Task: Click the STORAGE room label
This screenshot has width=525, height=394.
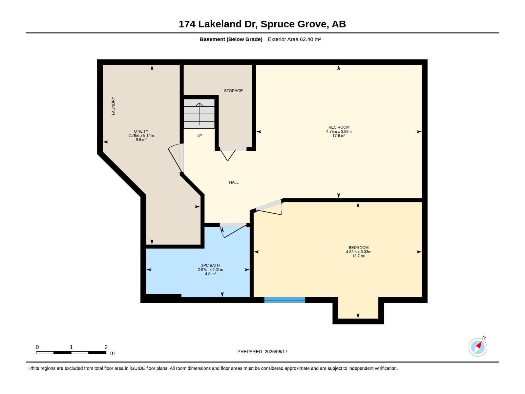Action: pos(233,91)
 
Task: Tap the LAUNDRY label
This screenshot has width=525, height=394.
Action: pos(113,106)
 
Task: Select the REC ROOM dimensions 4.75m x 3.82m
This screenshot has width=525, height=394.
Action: pos(339,132)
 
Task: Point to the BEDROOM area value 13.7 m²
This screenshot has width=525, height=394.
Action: pos(359,256)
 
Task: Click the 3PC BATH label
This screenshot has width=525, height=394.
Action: pos(210,265)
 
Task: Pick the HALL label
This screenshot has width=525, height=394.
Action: pos(234,183)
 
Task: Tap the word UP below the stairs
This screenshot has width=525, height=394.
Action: pos(199,136)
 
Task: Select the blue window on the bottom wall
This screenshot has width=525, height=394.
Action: pos(284,300)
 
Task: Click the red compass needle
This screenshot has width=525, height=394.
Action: pos(479,345)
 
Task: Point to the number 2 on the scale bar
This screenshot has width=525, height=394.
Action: pos(106,347)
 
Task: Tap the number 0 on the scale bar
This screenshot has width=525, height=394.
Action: pos(37,347)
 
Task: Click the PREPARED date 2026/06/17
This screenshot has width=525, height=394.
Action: pos(276,352)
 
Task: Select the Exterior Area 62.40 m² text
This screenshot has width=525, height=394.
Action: pos(294,39)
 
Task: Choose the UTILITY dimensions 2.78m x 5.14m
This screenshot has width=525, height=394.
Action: pos(141,135)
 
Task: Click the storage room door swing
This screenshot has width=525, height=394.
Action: pos(228,155)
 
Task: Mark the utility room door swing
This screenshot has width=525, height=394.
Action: pos(174,158)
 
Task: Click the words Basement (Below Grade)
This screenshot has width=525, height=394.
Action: pos(231,39)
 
